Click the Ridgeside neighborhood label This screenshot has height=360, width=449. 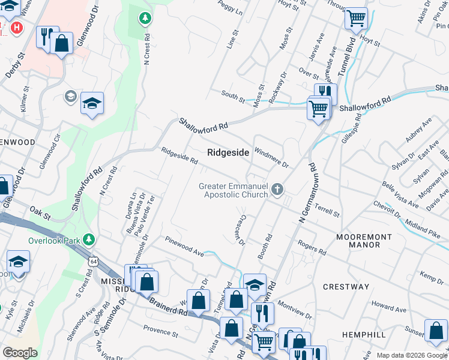point(228,153)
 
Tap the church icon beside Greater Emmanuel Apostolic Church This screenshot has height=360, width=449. point(277,190)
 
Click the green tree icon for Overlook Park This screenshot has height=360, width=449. point(89,240)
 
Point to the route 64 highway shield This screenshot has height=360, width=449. point(92,262)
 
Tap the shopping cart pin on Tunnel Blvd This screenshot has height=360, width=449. point(356,19)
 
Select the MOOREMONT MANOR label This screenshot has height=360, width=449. point(366,241)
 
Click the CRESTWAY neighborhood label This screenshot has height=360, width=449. point(346,287)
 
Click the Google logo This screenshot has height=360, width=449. point(20,352)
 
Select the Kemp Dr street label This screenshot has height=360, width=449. point(432,277)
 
